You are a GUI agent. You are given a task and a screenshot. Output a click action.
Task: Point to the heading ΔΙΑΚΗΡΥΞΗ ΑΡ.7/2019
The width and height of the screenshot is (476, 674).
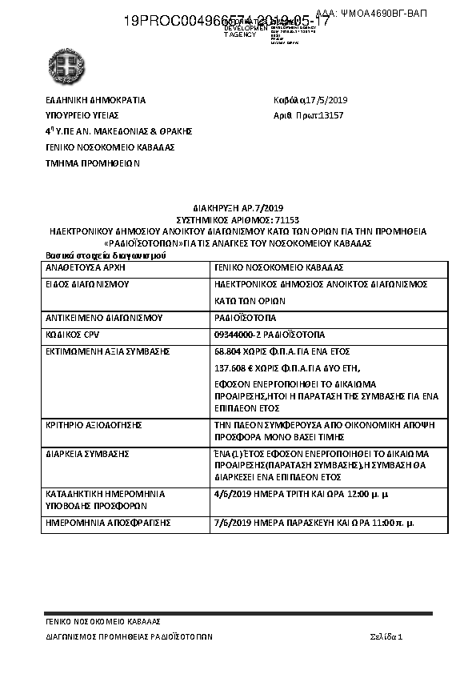tap(237, 207)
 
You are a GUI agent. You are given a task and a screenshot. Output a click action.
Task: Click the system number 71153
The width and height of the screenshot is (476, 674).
tap(286, 219)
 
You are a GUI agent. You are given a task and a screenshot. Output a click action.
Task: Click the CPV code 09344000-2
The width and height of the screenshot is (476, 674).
tap(238, 334)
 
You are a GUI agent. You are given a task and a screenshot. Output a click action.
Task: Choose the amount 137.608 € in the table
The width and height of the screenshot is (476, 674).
tap(235, 368)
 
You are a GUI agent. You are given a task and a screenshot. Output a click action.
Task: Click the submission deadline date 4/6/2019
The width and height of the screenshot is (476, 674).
tap(232, 495)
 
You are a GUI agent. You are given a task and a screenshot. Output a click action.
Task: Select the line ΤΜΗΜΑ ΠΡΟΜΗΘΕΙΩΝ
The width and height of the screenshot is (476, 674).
tap(92, 162)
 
